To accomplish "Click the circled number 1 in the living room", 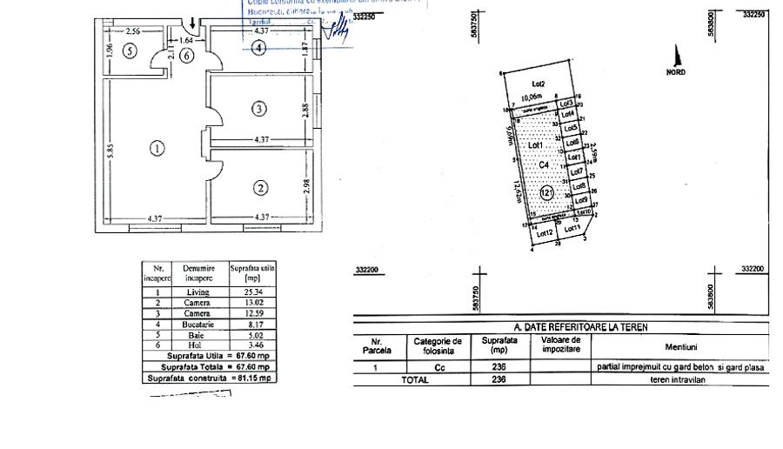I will pos(157,148).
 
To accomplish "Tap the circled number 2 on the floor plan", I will pos(258,187).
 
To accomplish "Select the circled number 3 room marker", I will pos(258,109).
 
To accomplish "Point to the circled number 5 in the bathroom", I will pos(130,50).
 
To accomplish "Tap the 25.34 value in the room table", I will pos(251,292).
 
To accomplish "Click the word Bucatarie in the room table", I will pos(197,324).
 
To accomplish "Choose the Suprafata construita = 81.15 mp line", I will pos(209,379).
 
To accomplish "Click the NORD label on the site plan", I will pos(675,72).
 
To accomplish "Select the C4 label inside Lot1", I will pos(544,164).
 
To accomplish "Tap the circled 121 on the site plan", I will pos(546,193).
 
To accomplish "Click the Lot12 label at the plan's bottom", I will pos(545,232).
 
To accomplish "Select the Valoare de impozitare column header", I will pos(559,345).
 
